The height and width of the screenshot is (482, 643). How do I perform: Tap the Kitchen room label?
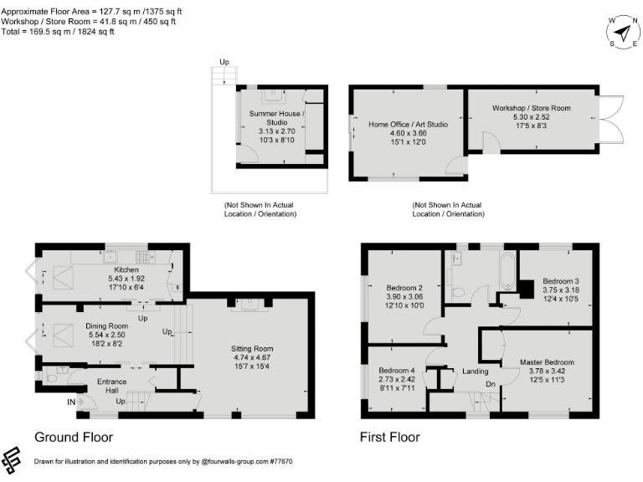115,270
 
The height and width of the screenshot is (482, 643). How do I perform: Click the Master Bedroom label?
547,361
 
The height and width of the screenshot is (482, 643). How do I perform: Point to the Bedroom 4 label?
396,370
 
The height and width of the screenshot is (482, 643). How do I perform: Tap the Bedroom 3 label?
560,280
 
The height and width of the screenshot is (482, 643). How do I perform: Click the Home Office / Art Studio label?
409,125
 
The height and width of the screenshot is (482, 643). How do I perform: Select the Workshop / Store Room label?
531,109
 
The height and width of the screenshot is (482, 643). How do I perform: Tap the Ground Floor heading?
73,437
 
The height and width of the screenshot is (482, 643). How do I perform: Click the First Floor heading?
389,437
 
